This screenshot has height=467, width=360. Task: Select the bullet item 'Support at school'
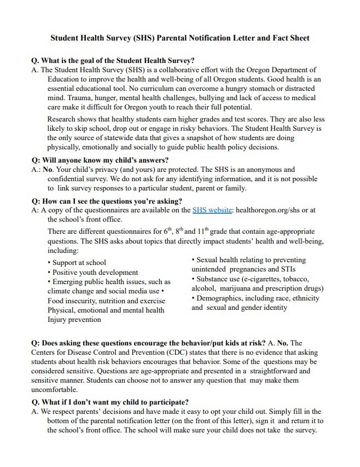click(x=79, y=263)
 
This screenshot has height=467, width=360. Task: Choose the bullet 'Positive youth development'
click(x=95, y=272)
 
